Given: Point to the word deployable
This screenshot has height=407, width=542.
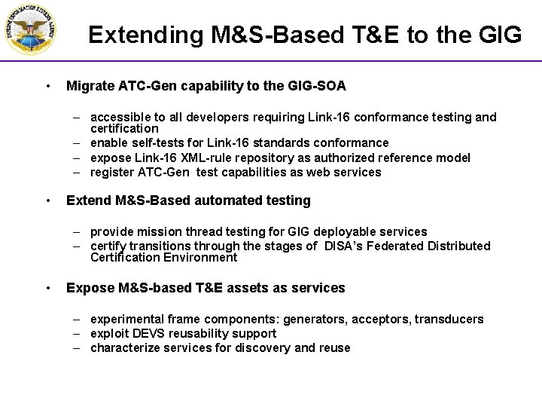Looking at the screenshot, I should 336,232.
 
